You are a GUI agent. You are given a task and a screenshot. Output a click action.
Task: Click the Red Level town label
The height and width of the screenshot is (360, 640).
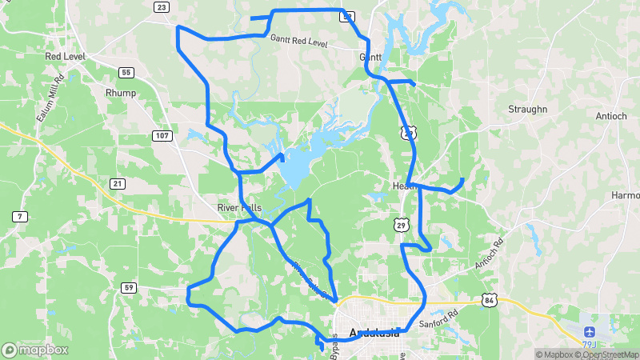click(x=66, y=57)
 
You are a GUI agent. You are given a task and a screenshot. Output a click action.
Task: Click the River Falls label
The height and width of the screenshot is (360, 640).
click(x=239, y=207)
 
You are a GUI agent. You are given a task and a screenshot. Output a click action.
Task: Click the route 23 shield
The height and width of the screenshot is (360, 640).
click(x=162, y=7)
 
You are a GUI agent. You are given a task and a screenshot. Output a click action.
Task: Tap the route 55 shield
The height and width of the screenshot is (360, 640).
click(x=126, y=73)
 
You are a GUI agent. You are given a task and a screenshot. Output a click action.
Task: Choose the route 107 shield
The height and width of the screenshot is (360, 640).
click(x=162, y=136)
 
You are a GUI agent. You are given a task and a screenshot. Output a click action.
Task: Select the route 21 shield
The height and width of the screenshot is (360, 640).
click(x=118, y=184)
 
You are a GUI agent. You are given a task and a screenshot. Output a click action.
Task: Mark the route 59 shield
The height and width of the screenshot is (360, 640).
click(x=129, y=287)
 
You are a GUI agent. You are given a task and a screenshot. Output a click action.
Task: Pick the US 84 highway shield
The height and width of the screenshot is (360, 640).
click(x=490, y=299)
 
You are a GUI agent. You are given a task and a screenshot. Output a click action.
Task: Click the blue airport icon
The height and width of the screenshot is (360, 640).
click(x=590, y=331)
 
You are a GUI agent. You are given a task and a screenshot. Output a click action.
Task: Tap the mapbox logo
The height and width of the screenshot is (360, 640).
click(x=35, y=350)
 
